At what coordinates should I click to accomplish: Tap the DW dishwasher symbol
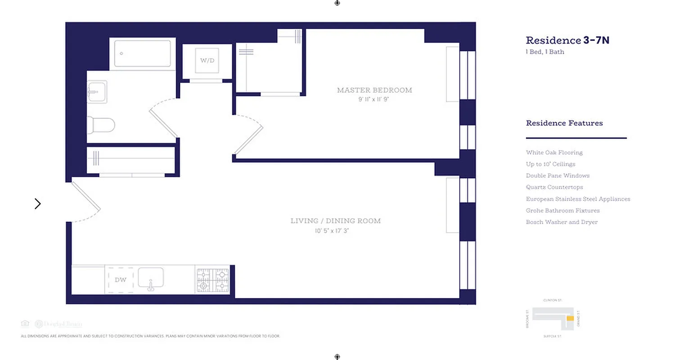pyautogui.click(x=120, y=280)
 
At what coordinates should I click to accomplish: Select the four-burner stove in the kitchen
pyautogui.click(x=212, y=280)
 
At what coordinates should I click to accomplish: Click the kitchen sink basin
pyautogui.click(x=150, y=279)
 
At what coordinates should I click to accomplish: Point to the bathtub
pyautogui.click(x=142, y=54)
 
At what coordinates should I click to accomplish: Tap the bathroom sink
pyautogui.click(x=97, y=92)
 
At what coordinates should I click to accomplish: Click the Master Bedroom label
pyautogui.click(x=374, y=90)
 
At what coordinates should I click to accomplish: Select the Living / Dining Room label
pyautogui.click(x=335, y=221)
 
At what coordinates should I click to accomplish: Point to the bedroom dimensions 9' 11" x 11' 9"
pyautogui.click(x=373, y=99)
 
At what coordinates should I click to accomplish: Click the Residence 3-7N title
pyautogui.click(x=567, y=40)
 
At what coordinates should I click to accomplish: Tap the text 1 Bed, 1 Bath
pyautogui.click(x=545, y=52)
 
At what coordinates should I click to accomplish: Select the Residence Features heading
pyautogui.click(x=564, y=123)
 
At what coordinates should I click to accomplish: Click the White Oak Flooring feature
pyautogui.click(x=554, y=153)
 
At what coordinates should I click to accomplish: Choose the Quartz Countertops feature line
pyautogui.click(x=554, y=187)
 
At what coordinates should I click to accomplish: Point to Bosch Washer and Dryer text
pyautogui.click(x=562, y=222)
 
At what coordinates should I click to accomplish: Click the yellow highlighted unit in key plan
pyautogui.click(x=570, y=319)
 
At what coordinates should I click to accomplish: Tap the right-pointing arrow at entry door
pyautogui.click(x=38, y=204)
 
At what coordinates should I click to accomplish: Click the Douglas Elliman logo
pyautogui.click(x=58, y=324)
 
